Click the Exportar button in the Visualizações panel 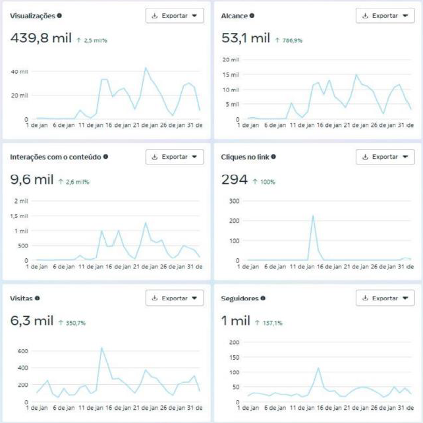(175, 16)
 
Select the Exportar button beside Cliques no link (385, 157)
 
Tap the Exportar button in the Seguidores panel (385, 298)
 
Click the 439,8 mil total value (42, 38)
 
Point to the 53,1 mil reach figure (245, 38)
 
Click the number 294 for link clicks (235, 179)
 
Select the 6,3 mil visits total (32, 321)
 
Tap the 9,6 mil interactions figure (32, 179)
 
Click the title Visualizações (32, 15)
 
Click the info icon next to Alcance (252, 15)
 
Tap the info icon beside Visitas (37, 298)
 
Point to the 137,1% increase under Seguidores (269, 323)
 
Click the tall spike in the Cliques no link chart (313, 216)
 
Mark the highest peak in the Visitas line (101, 348)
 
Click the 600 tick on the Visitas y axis (22, 351)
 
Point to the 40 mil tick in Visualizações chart (20, 71)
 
